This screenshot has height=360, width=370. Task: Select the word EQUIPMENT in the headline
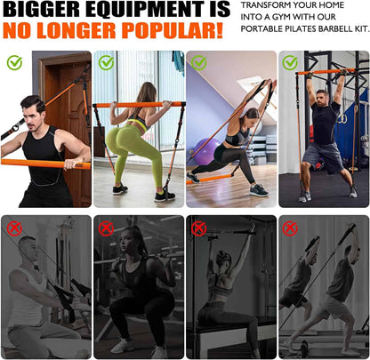point(141,12)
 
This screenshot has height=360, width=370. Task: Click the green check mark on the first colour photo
point(14,62)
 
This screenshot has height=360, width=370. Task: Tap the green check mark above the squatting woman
point(107,62)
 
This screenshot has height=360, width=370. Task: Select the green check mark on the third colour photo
point(198,62)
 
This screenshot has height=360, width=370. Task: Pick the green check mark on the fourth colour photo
point(290,62)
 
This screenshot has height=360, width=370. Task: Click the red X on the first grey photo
point(14,228)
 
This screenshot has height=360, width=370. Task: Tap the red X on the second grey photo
point(107,228)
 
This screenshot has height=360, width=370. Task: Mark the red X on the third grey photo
point(198,228)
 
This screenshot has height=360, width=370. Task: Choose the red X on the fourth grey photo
point(290,228)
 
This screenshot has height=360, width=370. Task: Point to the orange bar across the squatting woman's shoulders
point(138,105)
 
